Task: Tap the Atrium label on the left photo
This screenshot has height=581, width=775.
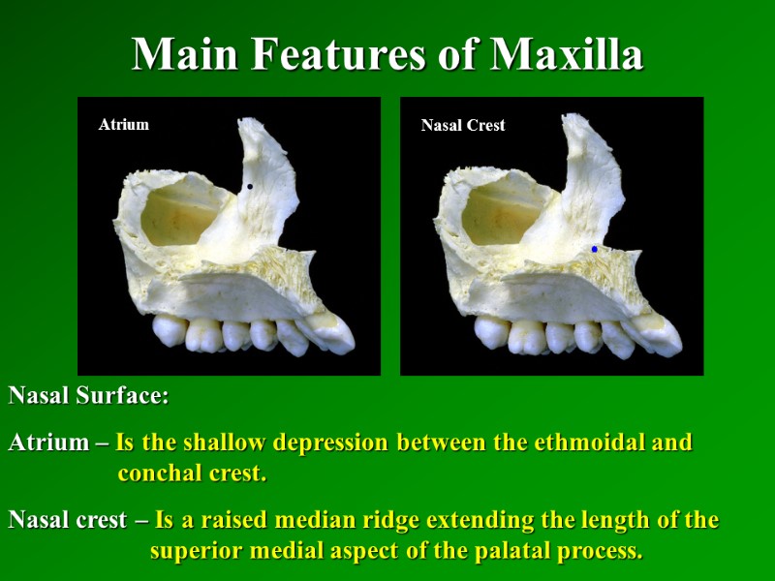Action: pyautogui.click(x=124, y=124)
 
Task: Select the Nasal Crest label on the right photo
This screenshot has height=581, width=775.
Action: pyautogui.click(x=463, y=125)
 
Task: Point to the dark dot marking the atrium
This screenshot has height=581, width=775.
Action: pyautogui.click(x=250, y=187)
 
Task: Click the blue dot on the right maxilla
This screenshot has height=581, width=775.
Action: pyautogui.click(x=594, y=249)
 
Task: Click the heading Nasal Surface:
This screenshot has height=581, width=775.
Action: pyautogui.click(x=89, y=396)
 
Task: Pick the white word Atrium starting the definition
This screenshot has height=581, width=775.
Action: pyautogui.click(x=47, y=443)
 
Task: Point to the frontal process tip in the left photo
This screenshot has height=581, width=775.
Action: pyautogui.click(x=251, y=126)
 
